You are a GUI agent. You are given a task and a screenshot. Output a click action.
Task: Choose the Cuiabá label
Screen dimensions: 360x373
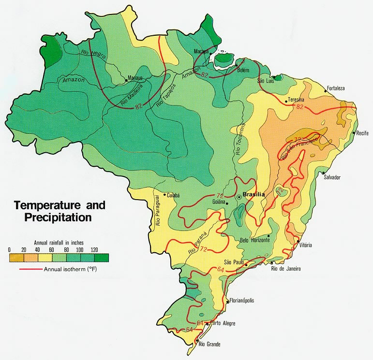pyautogui.click(x=173, y=195)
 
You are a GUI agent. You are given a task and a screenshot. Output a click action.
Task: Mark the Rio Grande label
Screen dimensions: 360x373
pyautogui.click(x=209, y=344)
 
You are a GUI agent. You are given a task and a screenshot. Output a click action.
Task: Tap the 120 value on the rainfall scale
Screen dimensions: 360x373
pyautogui.click(x=94, y=249)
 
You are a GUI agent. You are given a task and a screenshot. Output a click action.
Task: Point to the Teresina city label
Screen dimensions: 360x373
pyautogui.click(x=296, y=100)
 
